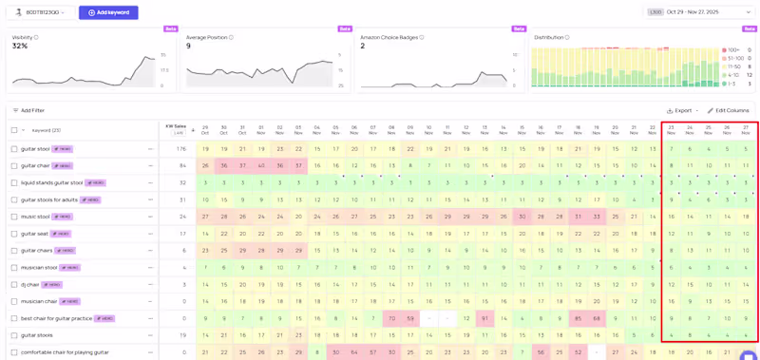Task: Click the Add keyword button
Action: [108, 12]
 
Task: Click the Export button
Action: [679, 110]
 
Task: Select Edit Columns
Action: [728, 110]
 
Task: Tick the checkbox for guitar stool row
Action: [14, 149]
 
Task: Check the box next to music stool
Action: [14, 217]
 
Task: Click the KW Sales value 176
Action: [180, 149]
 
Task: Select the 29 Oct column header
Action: [205, 129]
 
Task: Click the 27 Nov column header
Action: [746, 129]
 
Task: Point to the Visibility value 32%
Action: [20, 46]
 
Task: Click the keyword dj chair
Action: [30, 284]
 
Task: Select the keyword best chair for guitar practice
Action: [56, 318]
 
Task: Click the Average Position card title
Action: [206, 37]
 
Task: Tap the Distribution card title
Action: [548, 37]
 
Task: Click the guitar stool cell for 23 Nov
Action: [671, 149]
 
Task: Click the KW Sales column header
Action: [176, 126]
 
